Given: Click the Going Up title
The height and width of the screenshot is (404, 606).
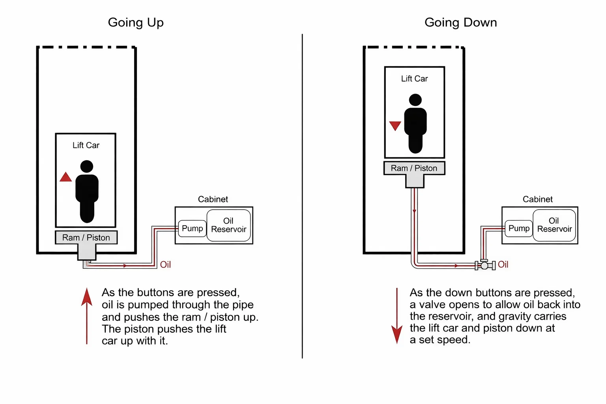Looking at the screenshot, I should tap(136, 22).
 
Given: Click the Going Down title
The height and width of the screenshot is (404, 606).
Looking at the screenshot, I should tap(460, 22).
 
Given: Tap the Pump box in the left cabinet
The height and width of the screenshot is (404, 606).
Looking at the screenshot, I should tap(193, 228).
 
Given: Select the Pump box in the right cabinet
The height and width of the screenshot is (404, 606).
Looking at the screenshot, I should tap(519, 228).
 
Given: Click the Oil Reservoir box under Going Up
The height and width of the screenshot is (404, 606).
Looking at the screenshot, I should tap(228, 225).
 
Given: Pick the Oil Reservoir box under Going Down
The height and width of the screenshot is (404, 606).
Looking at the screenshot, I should tap(554, 225).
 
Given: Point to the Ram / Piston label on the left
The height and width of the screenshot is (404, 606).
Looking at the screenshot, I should tap(86, 238).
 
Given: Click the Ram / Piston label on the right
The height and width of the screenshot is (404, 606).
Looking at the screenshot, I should tap(414, 168).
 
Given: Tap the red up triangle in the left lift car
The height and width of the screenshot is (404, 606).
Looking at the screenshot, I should tap(65, 177).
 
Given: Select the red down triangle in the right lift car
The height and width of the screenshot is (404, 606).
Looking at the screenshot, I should tap(395, 125).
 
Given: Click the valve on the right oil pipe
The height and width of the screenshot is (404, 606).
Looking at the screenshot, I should tap(484, 265).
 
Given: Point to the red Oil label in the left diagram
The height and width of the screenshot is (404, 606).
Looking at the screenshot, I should tap(165, 265).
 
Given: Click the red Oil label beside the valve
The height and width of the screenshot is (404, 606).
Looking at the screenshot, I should tap(503, 264).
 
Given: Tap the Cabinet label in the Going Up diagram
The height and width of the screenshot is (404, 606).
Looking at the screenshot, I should tap(213, 199).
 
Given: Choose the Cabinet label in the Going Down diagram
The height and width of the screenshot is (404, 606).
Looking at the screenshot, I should tap(537, 199).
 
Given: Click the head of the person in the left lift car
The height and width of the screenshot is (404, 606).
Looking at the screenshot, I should tap(87, 166).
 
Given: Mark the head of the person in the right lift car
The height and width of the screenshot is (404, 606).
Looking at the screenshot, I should tap(415, 100).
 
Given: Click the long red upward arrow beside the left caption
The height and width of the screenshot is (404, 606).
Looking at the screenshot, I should tap(87, 316).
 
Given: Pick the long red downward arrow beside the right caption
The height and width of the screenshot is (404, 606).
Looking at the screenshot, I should tap(397, 316).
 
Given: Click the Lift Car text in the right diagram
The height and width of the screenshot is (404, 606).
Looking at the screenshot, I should tap(414, 79).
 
